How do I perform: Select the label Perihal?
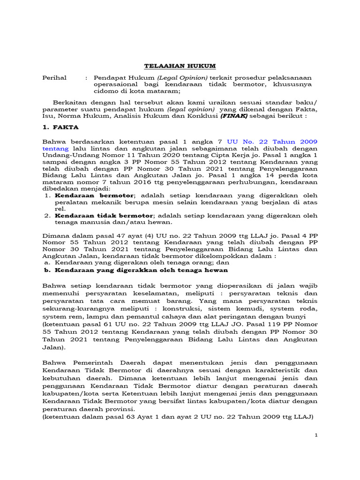[54, 77]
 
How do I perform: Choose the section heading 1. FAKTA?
[61, 127]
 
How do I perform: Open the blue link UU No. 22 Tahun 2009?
[272, 142]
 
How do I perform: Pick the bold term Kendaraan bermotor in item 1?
[95, 195]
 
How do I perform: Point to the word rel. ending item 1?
[60, 209]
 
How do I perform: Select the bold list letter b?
[46, 270]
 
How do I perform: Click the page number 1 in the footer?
[316, 435]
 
